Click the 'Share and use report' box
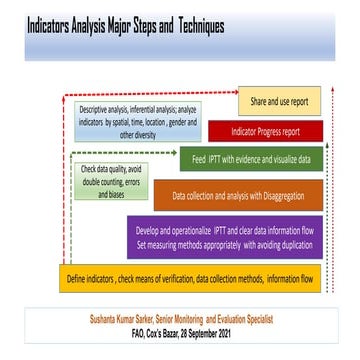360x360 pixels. click(x=279, y=102)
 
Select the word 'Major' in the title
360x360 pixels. click(x=121, y=25)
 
